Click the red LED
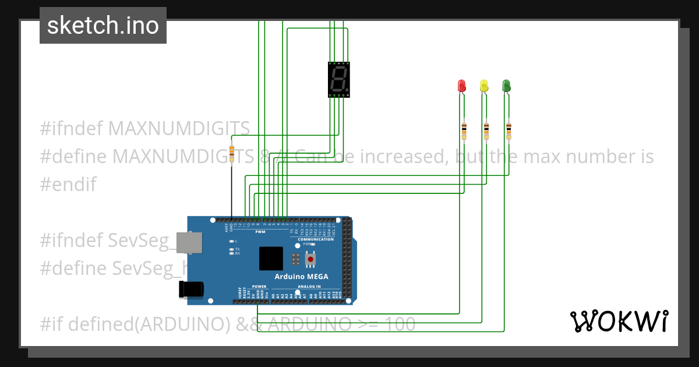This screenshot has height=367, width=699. [x=461, y=86]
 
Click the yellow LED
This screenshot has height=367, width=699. [x=483, y=86]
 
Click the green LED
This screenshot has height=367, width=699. [x=506, y=86]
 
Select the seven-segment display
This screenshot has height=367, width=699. [x=338, y=79]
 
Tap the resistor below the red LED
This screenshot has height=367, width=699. [x=464, y=131]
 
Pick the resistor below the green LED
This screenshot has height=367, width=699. [x=509, y=131]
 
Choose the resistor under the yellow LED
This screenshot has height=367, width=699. [x=486, y=131]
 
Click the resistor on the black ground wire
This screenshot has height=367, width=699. [x=232, y=153]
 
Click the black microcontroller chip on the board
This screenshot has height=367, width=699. [x=271, y=258]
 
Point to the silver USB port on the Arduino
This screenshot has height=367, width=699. [x=191, y=243]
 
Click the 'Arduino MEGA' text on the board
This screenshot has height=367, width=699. [x=301, y=276]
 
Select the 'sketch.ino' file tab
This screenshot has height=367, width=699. [x=103, y=26]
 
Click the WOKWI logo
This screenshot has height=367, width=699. [x=619, y=321]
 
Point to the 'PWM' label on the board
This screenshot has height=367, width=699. [x=260, y=232]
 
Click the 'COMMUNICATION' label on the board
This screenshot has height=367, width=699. [x=316, y=239]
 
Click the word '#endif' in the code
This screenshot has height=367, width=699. [x=68, y=185]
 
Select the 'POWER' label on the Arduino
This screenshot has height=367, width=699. [x=259, y=287]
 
